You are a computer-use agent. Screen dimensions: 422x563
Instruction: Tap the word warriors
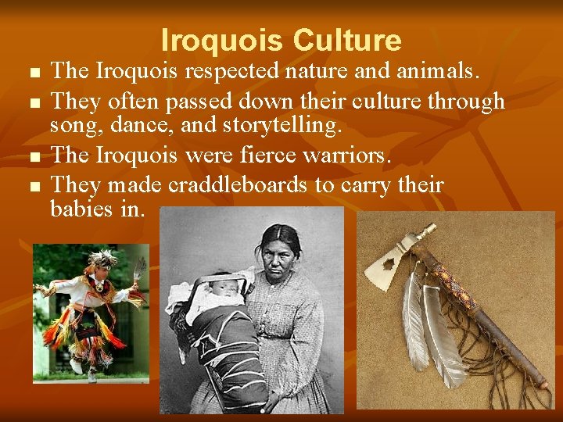pos(350,155)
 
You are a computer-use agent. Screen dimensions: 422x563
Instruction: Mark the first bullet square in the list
pos(32,73)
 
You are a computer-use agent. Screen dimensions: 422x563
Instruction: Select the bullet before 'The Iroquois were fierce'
pos(32,156)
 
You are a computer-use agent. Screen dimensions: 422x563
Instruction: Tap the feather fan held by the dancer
pos(139,270)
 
